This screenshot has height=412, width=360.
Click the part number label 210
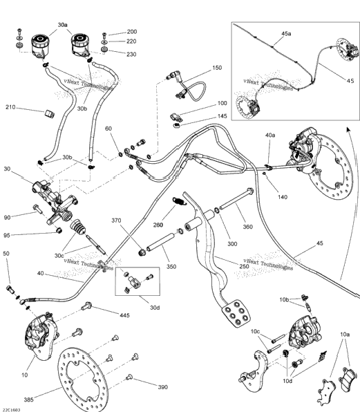10,107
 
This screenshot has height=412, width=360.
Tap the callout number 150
217,68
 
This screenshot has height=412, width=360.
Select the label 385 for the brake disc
28,400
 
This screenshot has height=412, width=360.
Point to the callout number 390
163,387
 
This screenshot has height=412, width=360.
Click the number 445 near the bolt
124,315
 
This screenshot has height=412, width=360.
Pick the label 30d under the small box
155,308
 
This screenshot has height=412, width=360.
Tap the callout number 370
116,221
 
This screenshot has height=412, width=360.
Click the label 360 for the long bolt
247,227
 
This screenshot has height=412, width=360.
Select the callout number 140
283,197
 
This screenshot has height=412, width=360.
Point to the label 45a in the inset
286,34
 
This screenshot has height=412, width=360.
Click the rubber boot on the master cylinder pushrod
77,227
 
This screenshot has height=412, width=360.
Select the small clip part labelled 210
49,114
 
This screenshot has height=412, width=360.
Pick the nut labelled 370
142,252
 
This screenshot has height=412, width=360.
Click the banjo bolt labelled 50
10,289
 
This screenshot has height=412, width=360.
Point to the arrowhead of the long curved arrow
349,129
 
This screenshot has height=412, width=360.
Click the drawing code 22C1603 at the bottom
10,410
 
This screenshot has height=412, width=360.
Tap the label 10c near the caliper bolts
255,332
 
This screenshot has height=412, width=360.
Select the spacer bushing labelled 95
59,231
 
